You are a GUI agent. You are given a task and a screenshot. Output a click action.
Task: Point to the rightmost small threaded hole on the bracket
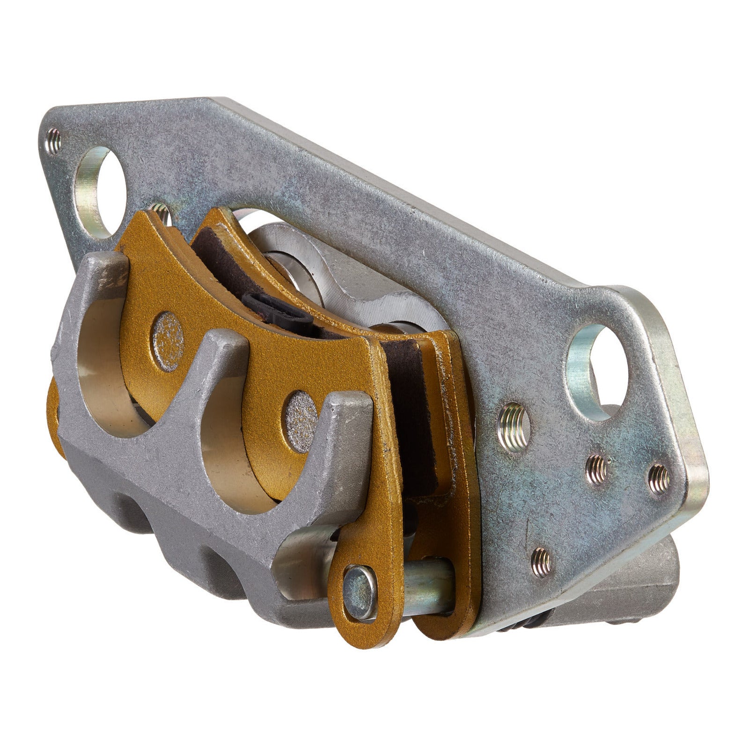click(x=660, y=478)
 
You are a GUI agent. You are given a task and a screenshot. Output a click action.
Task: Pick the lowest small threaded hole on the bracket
click(x=542, y=558)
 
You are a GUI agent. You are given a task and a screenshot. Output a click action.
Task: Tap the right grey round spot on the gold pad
click(x=301, y=410)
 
